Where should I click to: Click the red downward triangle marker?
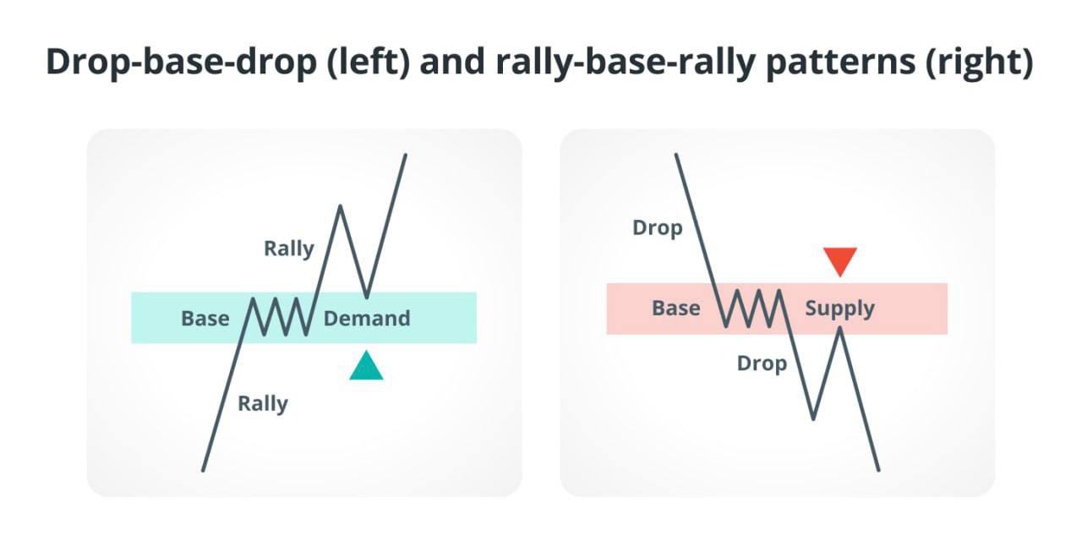(840, 260)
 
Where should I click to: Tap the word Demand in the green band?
(367, 319)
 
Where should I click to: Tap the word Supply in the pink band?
(840, 309)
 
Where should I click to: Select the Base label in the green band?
(205, 319)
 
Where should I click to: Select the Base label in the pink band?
(676, 309)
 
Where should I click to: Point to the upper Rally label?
(289, 249)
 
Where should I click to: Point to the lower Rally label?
(263, 404)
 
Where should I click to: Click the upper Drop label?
(658, 228)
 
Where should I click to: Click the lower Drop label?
(762, 363)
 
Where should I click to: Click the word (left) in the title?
(369, 63)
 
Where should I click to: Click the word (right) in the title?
(980, 63)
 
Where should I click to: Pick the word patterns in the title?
(840, 63)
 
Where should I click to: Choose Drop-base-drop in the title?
(181, 63)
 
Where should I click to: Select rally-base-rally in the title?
(626, 63)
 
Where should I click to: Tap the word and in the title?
(452, 63)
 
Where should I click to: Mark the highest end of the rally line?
(405, 155)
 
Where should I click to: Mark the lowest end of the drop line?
(878, 470)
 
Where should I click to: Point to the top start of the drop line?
(675, 155)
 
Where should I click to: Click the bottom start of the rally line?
(203, 470)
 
